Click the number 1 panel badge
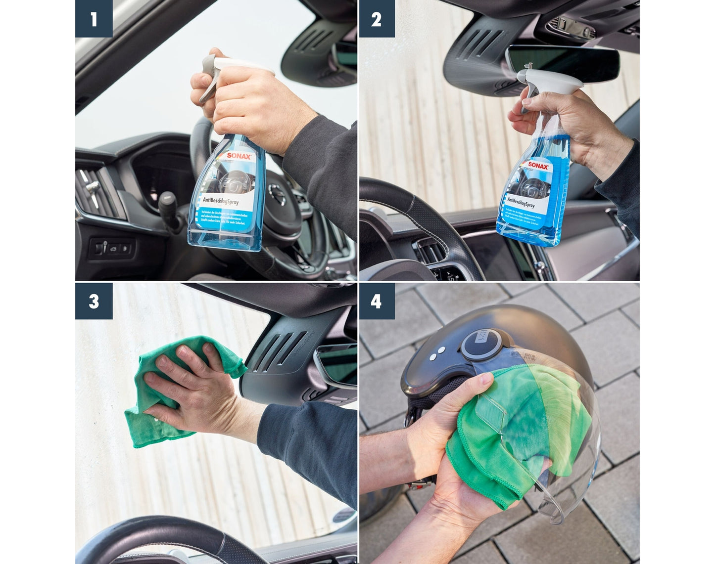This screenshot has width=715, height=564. click(x=94, y=19)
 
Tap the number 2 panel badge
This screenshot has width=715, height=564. click(x=377, y=19)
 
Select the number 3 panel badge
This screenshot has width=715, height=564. click(x=94, y=301)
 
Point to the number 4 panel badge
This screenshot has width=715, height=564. click(x=377, y=301)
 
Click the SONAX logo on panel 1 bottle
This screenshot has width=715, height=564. click(x=239, y=156)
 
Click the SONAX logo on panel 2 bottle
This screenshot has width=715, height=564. click(x=538, y=166)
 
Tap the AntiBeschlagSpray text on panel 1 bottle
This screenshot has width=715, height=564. click(x=221, y=201)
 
